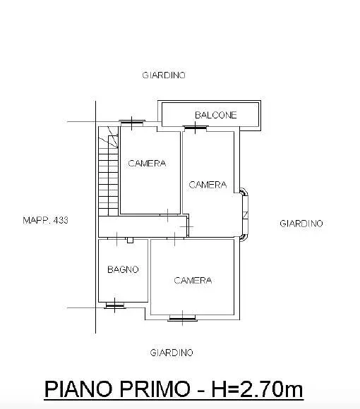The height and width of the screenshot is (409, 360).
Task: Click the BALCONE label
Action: coord(215,115)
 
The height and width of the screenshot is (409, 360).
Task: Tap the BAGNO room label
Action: coord(123,269)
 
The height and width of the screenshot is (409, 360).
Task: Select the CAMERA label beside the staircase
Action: coord(147,164)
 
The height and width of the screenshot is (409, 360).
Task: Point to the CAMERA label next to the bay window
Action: coord(208,185)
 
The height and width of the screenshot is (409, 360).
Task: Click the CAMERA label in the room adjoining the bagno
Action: coord(193,281)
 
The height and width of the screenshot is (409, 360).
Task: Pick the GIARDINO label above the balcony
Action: coord(164,75)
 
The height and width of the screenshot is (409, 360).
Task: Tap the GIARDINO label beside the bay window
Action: coord(301,224)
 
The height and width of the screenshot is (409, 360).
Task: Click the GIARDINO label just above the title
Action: coord(172,353)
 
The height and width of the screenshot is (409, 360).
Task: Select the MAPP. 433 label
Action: coord(45,220)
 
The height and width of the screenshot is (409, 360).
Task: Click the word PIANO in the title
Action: coord(78,389)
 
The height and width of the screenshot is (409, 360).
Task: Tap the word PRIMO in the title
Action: coord(155,389)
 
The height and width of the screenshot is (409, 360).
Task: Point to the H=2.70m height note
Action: coord(257,389)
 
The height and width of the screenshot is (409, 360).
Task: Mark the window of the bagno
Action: coord(115,305)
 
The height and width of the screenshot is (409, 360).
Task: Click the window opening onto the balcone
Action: coord(196,128)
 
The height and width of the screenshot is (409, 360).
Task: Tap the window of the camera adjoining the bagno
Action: coord(182,318)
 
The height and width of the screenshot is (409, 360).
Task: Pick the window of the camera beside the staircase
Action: coord(132,121)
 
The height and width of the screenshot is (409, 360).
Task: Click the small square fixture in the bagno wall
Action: coord(130,240)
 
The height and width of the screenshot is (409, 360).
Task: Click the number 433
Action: coord(61,220)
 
